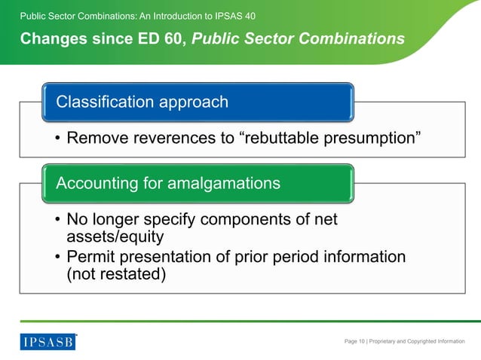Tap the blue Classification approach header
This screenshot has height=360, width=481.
196,102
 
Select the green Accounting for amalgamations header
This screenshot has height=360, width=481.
196,182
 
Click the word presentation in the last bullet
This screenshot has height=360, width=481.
183,258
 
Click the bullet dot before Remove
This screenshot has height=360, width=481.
57,139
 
